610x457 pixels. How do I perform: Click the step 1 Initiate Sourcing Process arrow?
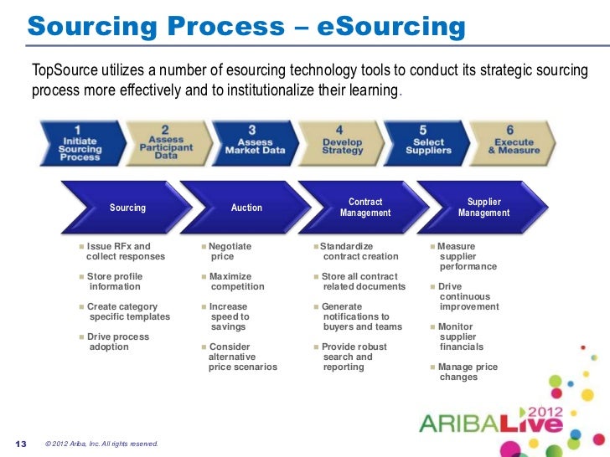80,142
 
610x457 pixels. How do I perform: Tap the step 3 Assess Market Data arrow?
254,142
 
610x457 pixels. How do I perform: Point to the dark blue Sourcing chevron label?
127,208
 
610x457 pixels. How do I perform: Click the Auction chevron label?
246,208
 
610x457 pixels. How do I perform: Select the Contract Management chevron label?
364,208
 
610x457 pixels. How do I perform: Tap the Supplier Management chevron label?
483,208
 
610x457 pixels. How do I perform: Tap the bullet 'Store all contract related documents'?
362,282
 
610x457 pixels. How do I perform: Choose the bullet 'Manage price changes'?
467,372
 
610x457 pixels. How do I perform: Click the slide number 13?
22,443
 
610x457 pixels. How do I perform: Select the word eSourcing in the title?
391,27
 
